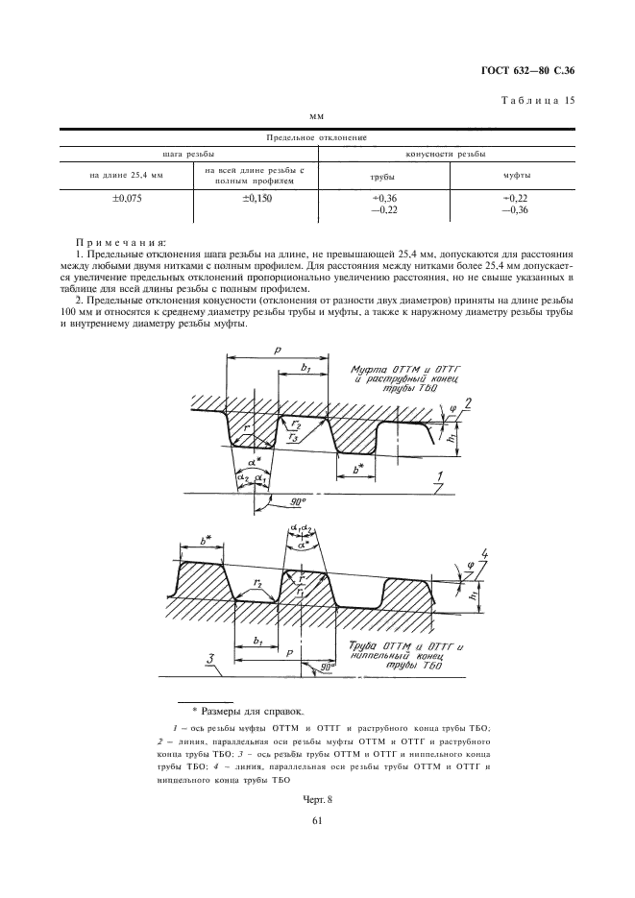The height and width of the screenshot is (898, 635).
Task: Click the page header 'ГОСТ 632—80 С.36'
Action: tap(531, 71)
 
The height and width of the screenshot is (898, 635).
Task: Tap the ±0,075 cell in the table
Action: tap(126, 199)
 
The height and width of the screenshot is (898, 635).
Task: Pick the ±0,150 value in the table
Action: tap(254, 199)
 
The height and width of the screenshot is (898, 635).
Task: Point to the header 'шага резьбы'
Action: tap(186, 154)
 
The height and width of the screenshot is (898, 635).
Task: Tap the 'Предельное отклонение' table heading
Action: tap(318, 138)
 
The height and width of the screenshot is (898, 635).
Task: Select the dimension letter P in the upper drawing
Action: tap(277, 352)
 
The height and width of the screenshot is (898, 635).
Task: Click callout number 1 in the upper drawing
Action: tap(437, 476)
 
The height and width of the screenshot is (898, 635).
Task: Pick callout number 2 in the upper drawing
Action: tap(466, 401)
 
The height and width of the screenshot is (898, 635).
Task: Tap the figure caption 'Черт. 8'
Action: tap(317, 799)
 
